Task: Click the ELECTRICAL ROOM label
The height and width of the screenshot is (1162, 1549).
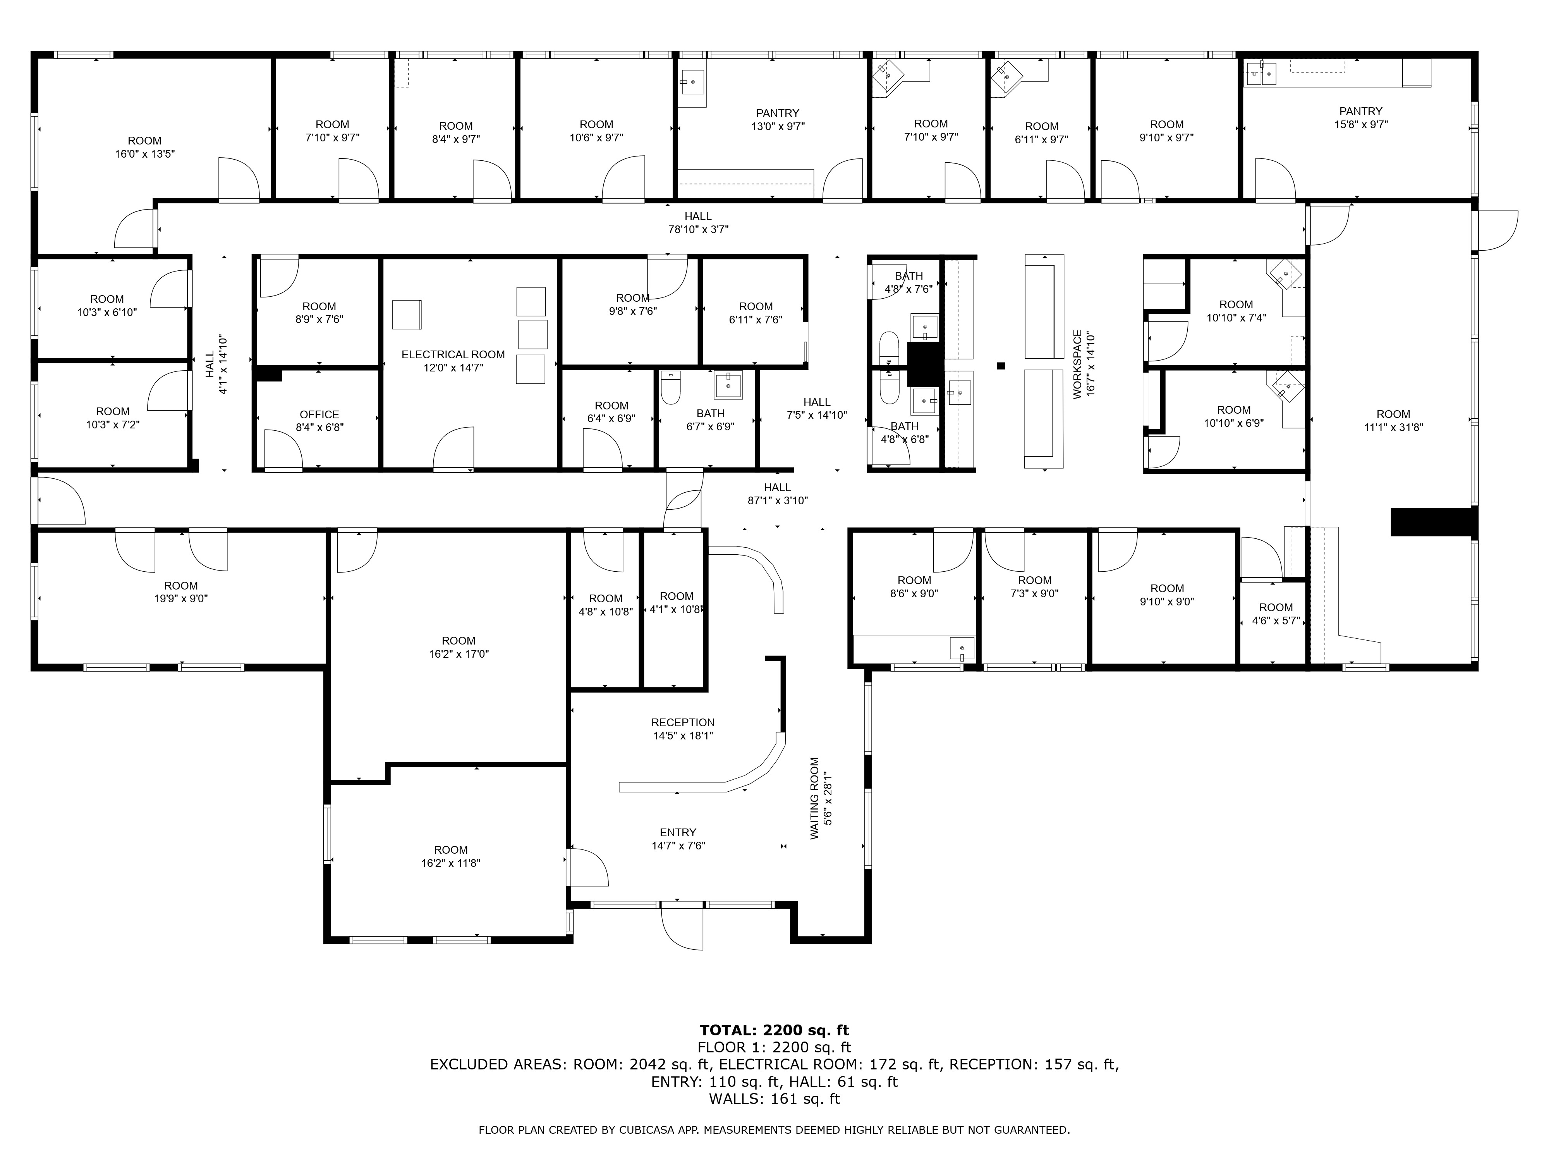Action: click(453, 354)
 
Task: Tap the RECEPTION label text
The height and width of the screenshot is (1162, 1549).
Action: click(683, 722)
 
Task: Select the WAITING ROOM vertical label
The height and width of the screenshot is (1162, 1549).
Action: click(814, 798)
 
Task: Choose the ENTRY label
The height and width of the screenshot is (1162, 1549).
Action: click(678, 832)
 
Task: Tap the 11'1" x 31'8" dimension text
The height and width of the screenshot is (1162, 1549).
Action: click(1394, 427)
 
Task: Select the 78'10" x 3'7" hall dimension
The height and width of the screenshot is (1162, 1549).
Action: click(698, 229)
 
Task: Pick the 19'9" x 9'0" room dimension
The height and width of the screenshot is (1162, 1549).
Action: click(181, 599)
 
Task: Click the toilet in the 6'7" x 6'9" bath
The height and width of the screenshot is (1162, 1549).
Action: click(671, 387)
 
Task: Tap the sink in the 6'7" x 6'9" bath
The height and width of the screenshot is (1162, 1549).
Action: click(729, 385)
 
